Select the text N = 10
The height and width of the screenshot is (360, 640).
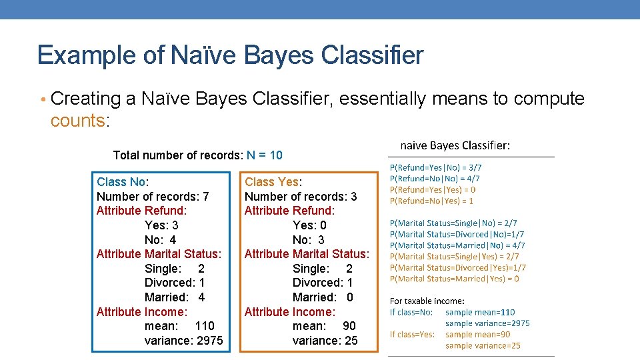tap(265, 155)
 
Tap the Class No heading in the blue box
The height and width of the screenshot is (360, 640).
tap(122, 182)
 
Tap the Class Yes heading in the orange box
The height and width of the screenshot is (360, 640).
tap(273, 182)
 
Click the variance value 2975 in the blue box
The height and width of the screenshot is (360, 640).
tap(206, 341)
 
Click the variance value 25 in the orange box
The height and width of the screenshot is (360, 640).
tap(351, 341)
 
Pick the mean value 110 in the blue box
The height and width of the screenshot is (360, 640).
tap(205, 326)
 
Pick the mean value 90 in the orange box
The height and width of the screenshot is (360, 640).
tap(349, 326)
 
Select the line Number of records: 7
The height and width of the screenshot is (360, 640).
tap(153, 197)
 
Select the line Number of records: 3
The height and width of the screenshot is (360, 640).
tap(301, 197)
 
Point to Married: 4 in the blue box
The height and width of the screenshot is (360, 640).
tap(175, 297)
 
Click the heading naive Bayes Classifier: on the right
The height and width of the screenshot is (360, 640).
tap(455, 145)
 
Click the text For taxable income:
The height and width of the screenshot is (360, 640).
tap(427, 301)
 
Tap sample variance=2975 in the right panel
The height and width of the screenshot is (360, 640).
tap(487, 323)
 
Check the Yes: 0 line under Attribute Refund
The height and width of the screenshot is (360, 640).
tap(309, 225)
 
